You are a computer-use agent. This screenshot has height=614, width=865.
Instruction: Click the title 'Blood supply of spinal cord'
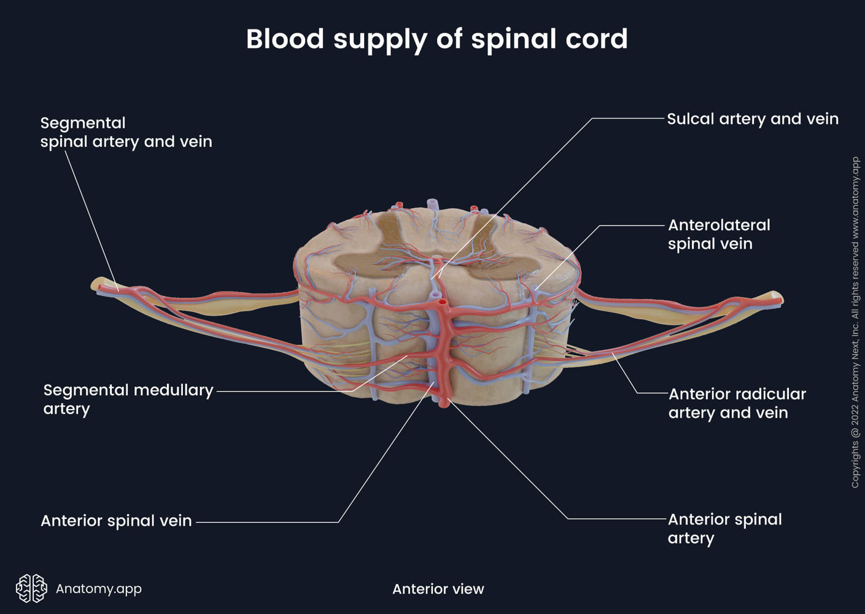(436, 39)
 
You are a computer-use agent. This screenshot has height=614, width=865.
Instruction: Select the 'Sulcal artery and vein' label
(752, 119)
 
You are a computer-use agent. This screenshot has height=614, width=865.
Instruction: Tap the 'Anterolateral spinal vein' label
(718, 234)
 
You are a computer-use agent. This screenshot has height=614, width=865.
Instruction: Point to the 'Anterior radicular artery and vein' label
(737, 403)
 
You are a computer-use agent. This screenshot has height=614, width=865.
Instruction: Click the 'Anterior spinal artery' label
(724, 528)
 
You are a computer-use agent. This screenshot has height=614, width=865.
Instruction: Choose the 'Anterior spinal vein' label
(116, 521)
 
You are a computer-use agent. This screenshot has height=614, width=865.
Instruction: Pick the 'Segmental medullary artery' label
(128, 399)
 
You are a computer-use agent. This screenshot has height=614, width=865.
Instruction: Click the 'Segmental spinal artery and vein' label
(126, 132)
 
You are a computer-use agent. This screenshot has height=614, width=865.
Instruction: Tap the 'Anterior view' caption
(438, 589)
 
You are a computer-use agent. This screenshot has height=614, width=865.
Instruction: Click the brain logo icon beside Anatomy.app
(31, 588)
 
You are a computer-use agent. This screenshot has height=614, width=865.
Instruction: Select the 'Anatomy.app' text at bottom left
(98, 588)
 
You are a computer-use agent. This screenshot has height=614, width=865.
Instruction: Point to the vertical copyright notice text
(855, 322)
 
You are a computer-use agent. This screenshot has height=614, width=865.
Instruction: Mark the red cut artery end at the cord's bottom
(444, 403)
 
